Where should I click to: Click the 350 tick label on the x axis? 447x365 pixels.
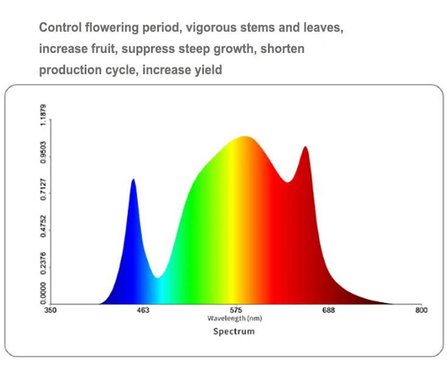point(51,311)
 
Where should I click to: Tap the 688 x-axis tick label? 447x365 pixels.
point(328,311)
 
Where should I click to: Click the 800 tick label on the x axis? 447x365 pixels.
point(421,311)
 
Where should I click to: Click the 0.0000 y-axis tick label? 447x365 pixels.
point(43,294)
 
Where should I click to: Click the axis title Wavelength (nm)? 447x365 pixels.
point(235,318)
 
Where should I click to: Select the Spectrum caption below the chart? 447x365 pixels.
point(234,332)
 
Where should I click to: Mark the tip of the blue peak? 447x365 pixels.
point(133,179)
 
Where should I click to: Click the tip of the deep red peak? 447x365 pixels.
point(306,147)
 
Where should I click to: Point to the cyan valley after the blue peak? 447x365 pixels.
point(158,278)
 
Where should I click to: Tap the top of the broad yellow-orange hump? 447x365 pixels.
point(246,136)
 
